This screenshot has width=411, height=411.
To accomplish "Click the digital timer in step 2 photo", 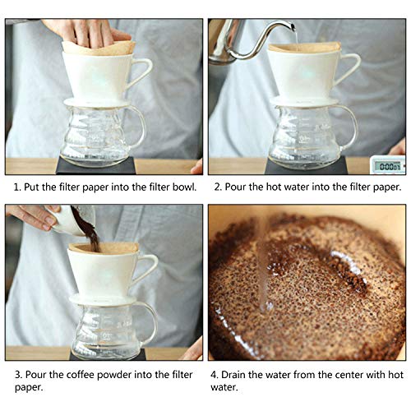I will coord(386,164).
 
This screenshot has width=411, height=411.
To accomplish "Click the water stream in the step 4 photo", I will coord(261,263).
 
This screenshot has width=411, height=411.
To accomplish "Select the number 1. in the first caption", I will coord(17,187).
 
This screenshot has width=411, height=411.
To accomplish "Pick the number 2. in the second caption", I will coord(219,187).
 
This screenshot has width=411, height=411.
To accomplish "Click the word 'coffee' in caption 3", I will coord(76,375).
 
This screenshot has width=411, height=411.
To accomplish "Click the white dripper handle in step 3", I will coord(149,268).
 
